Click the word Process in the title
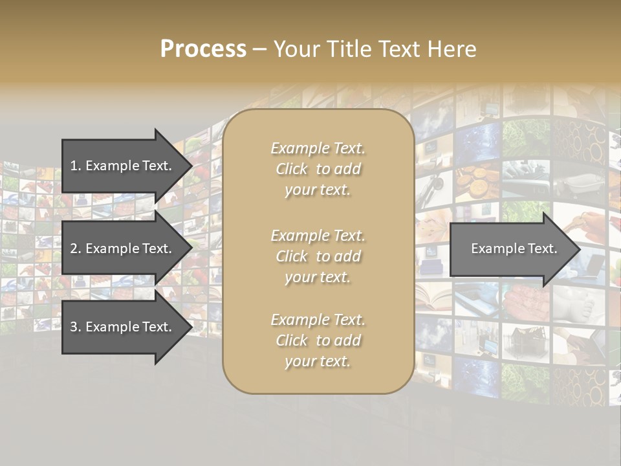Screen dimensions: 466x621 pyautogui.click(x=203, y=49)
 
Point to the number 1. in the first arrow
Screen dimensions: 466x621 pyautogui.click(x=76, y=166)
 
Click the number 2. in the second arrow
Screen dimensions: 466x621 pyautogui.click(x=76, y=249)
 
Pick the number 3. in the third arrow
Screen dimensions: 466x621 pyautogui.click(x=76, y=327)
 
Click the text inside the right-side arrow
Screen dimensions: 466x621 pyautogui.click(x=514, y=249)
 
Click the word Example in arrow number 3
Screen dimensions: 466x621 pyautogui.click(x=112, y=327)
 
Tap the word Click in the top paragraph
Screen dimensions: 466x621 pyautogui.click(x=291, y=169)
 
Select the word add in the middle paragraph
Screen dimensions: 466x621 pyautogui.click(x=348, y=256)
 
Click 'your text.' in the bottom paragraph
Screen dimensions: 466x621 pyautogui.click(x=318, y=361)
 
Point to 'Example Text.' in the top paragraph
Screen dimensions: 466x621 pyautogui.click(x=318, y=148)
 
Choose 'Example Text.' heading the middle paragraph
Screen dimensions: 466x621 pyautogui.click(x=318, y=236)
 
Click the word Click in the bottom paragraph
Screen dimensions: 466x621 pyautogui.click(x=291, y=340)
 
